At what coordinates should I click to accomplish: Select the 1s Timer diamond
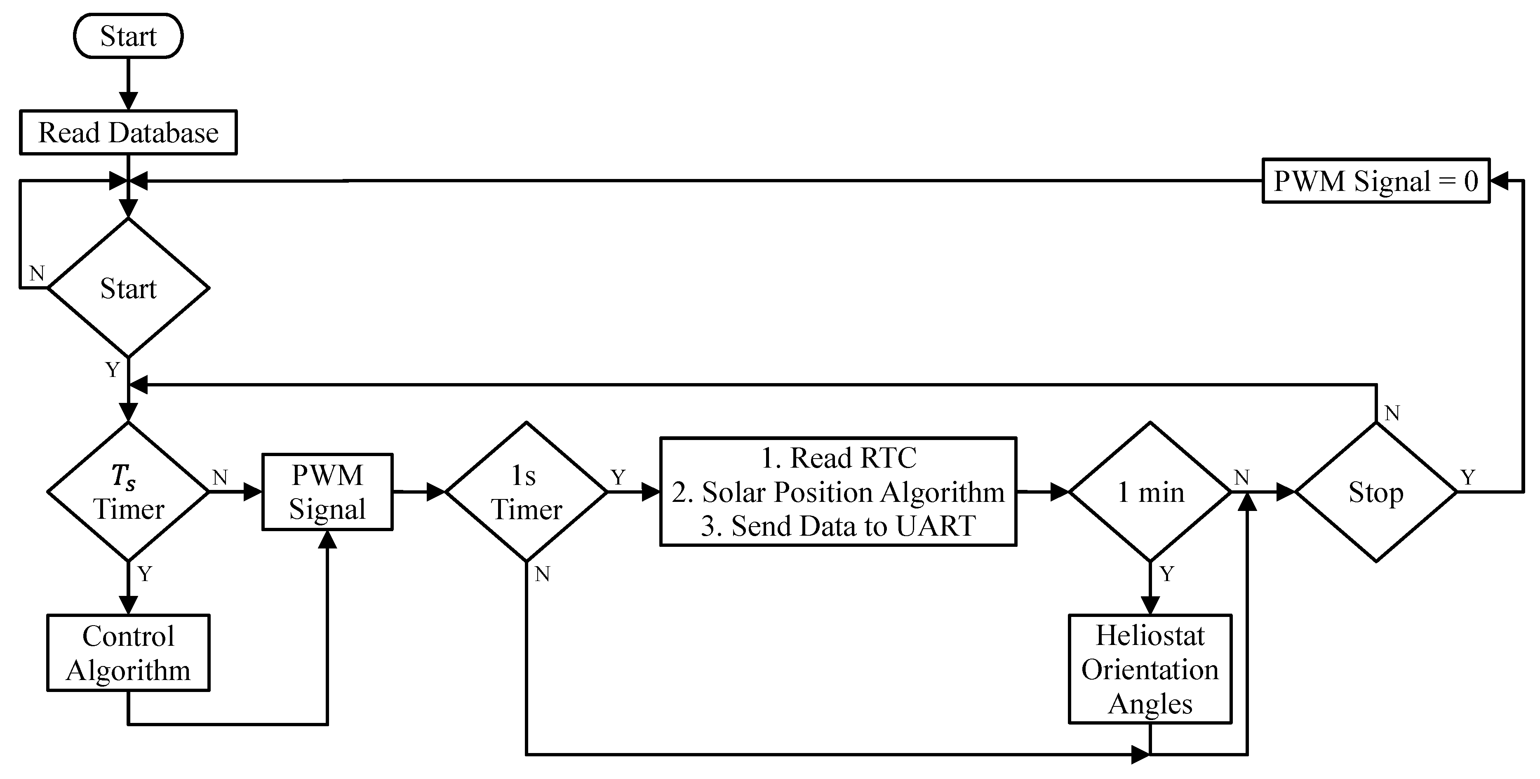tap(526, 492)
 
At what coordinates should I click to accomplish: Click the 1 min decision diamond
tap(1150, 492)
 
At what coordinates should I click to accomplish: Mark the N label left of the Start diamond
tap(37, 273)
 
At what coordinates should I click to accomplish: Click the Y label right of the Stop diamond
tap(1468, 477)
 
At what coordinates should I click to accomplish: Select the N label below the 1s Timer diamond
tap(542, 574)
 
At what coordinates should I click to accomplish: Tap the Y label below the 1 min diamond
tap(1167, 574)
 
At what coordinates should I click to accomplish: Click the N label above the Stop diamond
tap(1392, 412)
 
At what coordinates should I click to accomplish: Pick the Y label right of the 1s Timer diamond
tap(618, 477)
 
